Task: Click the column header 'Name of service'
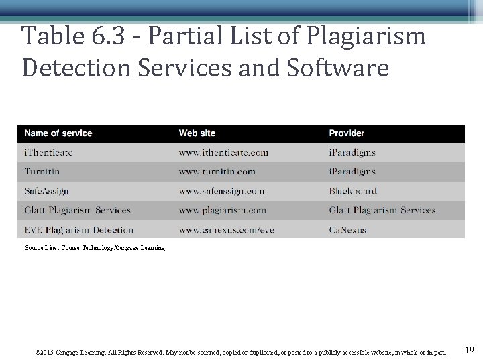coord(58,133)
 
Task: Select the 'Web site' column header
coord(197,133)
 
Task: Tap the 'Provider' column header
coord(347,133)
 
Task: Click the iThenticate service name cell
coord(48,153)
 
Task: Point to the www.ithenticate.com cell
coord(223,153)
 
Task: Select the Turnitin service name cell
coord(42,172)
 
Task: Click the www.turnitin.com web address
coord(217,172)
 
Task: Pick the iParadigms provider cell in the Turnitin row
coord(352,172)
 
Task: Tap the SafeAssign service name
coord(47,191)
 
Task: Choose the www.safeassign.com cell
coord(221,191)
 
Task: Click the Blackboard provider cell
coord(353,191)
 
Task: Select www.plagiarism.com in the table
coord(222,210)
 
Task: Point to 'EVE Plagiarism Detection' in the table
coord(79,230)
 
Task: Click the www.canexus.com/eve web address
coord(226,230)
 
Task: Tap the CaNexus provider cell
coord(347,230)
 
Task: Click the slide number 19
coord(469,351)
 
